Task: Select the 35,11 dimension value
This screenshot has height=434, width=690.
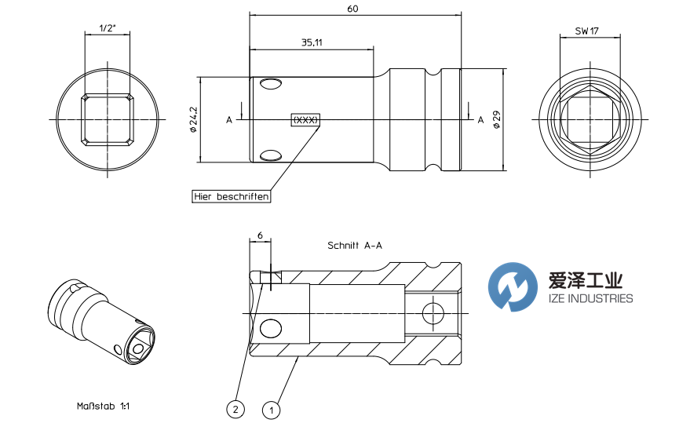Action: coord(312,42)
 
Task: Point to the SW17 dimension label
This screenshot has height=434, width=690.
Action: coord(582,31)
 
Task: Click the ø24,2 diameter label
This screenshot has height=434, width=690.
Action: coord(193,119)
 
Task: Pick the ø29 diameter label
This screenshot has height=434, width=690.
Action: coord(496,119)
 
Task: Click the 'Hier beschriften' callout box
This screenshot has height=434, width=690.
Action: coord(232,197)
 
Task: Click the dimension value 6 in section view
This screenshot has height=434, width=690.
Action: coord(259,235)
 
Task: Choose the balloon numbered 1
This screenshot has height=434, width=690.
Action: coord(272,409)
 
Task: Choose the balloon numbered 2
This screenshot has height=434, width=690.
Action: coord(233,409)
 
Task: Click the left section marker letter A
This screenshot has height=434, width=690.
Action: coord(229,120)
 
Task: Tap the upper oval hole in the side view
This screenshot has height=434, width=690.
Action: coord(271,84)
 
